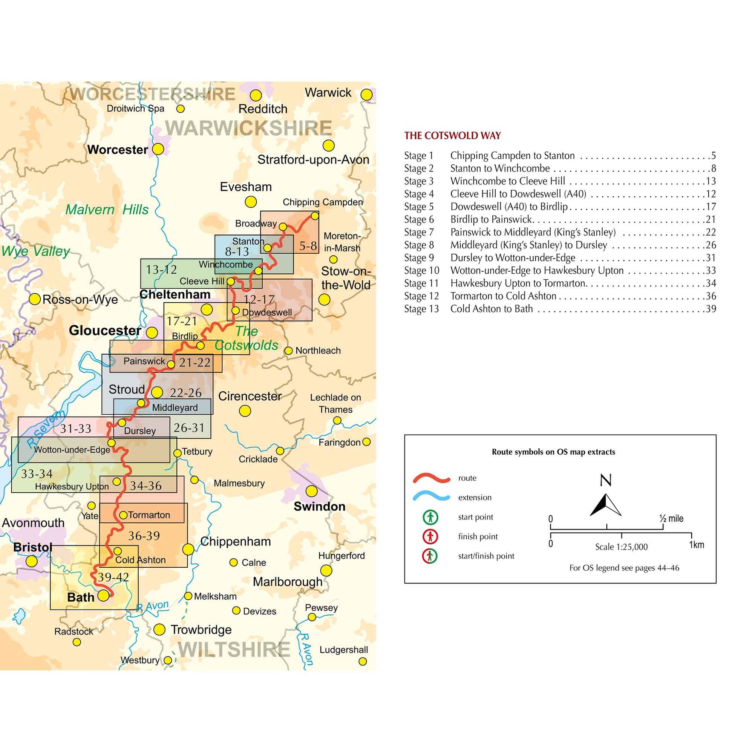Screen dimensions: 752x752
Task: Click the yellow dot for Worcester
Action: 158,149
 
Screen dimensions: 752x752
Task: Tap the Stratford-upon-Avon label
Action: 313,159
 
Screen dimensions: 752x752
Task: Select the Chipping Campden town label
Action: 322,202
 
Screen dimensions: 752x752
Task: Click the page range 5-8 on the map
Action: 308,246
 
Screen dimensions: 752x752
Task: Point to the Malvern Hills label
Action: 107,210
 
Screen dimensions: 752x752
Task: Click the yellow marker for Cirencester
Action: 245,410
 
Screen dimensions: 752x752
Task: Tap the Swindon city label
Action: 319,506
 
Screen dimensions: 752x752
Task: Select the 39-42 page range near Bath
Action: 113,577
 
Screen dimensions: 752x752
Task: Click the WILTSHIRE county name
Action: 234,649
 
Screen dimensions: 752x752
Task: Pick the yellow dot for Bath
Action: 103,595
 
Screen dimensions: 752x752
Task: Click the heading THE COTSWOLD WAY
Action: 452,135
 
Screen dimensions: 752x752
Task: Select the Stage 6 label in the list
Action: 419,219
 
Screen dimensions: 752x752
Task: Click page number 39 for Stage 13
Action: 711,309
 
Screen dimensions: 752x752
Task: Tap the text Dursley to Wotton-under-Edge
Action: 513,258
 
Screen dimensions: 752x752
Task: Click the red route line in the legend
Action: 431,478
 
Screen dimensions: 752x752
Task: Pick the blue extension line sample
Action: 431,498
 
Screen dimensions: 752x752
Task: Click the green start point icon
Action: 430,517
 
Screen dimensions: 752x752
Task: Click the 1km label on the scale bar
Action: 696,545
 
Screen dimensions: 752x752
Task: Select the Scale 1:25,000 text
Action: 621,547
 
